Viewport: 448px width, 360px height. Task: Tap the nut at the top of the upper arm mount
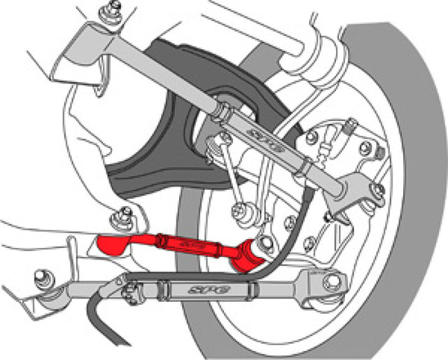(x=110, y=9)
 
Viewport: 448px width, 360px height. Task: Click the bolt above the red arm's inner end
(x=125, y=212)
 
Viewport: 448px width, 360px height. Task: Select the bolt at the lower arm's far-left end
(x=43, y=275)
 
